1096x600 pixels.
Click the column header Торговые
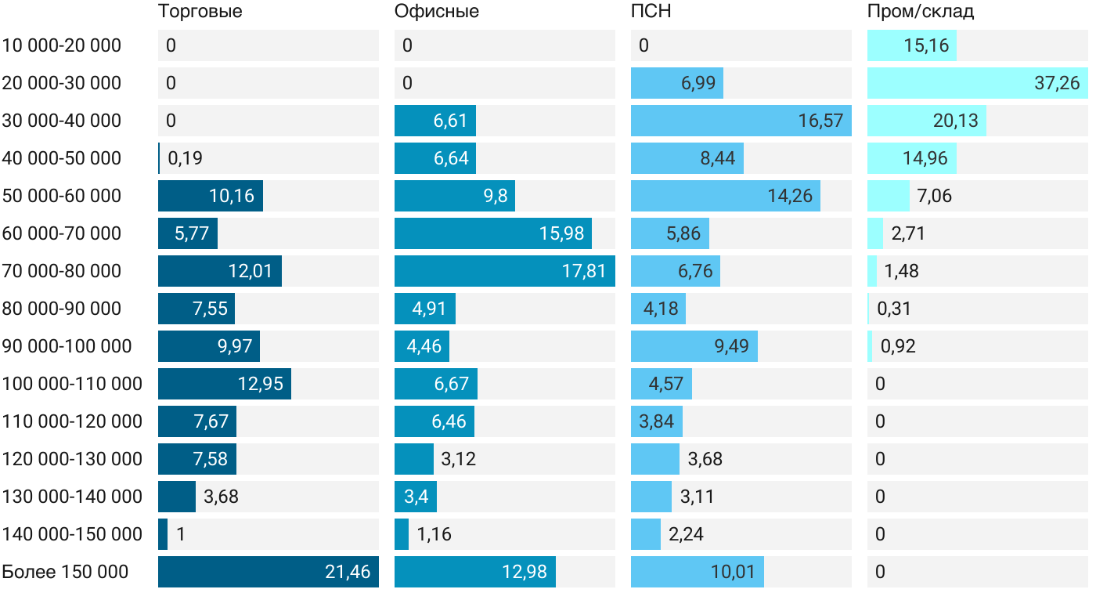tap(200, 12)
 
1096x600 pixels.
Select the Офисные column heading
tap(436, 12)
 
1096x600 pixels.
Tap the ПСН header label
tap(651, 12)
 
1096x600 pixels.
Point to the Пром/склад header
tap(920, 12)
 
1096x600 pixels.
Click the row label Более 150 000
tap(65, 572)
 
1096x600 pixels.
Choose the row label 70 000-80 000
tap(62, 271)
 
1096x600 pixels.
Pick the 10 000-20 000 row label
tap(62, 45)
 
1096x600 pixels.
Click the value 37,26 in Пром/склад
tap(1057, 83)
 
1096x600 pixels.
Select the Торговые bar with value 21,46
tap(269, 572)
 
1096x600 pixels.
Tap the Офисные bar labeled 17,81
tap(505, 271)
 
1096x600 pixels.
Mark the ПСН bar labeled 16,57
tap(741, 121)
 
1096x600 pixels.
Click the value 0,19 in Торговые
tap(185, 158)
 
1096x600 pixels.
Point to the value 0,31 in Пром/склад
tap(894, 309)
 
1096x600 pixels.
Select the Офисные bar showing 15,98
tap(493, 233)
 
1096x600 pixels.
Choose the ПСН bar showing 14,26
tap(726, 196)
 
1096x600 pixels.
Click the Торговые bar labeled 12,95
tap(225, 384)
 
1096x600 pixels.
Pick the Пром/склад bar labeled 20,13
tap(927, 121)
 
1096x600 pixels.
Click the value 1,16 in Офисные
tap(434, 534)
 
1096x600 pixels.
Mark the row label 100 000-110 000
tap(72, 384)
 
